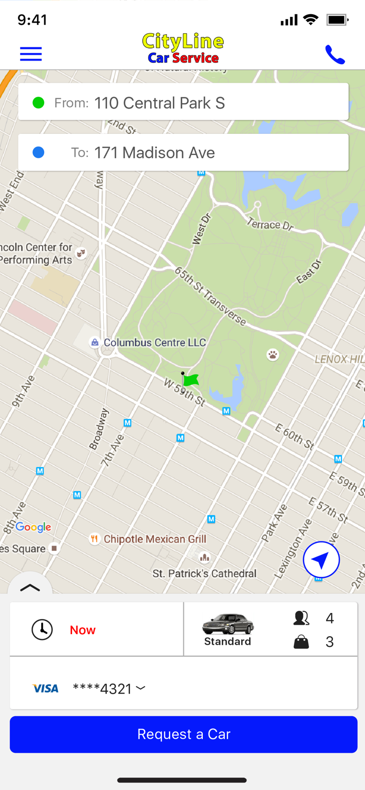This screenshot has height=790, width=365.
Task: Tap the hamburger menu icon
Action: click(x=31, y=54)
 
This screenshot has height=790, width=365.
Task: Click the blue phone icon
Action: click(x=335, y=55)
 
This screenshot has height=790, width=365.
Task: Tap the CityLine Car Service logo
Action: click(x=183, y=48)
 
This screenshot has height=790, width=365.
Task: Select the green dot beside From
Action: click(x=38, y=103)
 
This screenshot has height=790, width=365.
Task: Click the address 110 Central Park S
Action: click(x=160, y=103)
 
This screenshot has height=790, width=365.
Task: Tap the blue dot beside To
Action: click(x=38, y=153)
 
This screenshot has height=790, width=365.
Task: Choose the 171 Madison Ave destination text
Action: click(x=154, y=153)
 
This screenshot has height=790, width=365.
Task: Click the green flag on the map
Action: click(x=190, y=380)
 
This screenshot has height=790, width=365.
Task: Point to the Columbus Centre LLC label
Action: click(x=154, y=342)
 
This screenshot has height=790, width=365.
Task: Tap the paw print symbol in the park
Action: click(x=272, y=355)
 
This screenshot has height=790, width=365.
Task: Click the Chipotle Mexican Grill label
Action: click(x=155, y=539)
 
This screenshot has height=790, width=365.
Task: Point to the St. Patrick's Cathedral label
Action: click(x=204, y=574)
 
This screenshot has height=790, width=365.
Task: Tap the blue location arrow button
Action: click(x=321, y=560)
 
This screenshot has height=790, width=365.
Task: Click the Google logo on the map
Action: click(x=33, y=527)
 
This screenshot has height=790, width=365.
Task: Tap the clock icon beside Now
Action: click(x=42, y=630)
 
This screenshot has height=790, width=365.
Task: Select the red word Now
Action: click(x=83, y=630)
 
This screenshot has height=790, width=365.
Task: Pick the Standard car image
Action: click(x=228, y=624)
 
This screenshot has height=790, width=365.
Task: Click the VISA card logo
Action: click(x=46, y=688)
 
